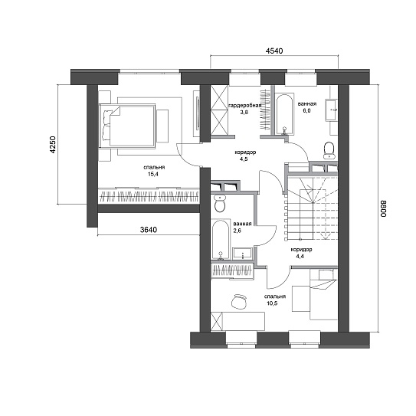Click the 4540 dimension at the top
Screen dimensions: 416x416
[x=274, y=51]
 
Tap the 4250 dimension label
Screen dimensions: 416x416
[x=54, y=145]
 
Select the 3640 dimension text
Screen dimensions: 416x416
[x=149, y=230]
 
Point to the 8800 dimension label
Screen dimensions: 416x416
[x=384, y=209]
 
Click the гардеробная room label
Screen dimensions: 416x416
[x=245, y=105]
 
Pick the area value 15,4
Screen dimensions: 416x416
[x=154, y=175]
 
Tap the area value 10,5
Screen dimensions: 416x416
[x=272, y=303]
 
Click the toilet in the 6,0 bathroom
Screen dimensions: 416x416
[x=329, y=150]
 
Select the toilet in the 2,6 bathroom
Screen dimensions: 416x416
[x=220, y=203]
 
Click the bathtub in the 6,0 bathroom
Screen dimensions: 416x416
[x=284, y=113]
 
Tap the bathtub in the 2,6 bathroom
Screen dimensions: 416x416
[x=221, y=239]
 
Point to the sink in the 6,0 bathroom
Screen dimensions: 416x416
[x=332, y=110]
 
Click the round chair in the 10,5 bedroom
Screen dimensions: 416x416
[x=239, y=302]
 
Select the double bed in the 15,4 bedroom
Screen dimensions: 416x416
[x=127, y=126]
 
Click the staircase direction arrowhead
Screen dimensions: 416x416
[x=325, y=236]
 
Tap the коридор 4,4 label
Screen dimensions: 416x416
[x=301, y=253]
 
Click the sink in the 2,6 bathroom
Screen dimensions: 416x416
[x=243, y=254]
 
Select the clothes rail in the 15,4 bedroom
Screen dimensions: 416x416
[x=149, y=197]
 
